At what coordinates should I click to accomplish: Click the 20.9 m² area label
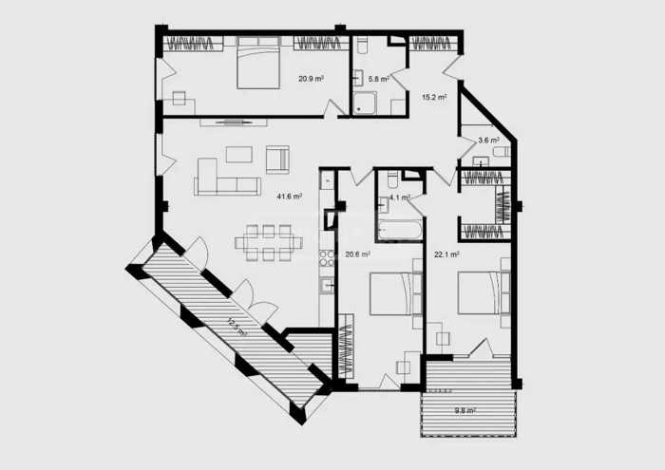point(311,79)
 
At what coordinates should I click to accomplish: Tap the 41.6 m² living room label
point(289,197)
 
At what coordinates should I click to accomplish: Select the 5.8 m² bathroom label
point(379,79)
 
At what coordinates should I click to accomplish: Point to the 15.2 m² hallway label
point(434,97)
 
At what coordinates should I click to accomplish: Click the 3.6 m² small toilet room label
point(488,141)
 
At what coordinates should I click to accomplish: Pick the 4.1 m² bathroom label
point(400,197)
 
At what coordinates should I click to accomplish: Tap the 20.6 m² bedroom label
point(357,254)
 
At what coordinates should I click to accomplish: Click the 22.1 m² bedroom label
point(446,254)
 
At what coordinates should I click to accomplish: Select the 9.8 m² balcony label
point(465,410)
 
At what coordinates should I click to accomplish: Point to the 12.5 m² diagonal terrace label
point(237,327)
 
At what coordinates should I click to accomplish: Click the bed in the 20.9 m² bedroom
point(258,63)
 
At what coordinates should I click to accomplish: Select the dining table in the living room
point(269,243)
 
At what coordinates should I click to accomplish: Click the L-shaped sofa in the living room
point(227,177)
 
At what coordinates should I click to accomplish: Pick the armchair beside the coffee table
point(277,160)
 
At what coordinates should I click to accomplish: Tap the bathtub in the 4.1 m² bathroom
point(400,230)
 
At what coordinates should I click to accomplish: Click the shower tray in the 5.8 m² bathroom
point(364,103)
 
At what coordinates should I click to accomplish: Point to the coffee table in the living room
point(239,154)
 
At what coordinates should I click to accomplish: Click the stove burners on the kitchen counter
point(327,258)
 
